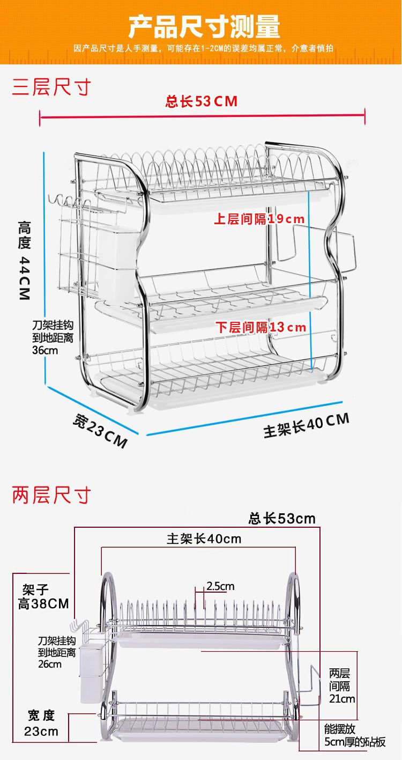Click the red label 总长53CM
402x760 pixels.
click(x=202, y=101)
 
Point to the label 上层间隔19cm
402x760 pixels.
click(x=259, y=219)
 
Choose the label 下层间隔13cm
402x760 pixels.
click(x=261, y=327)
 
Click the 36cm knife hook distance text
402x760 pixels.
click(x=52, y=338)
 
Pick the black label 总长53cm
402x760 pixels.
click(x=282, y=519)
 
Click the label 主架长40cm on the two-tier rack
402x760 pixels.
click(x=204, y=539)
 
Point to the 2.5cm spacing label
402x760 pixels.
click(x=220, y=586)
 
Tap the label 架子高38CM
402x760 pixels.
click(x=43, y=597)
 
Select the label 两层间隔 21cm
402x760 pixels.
click(x=342, y=685)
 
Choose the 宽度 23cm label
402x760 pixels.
click(x=41, y=723)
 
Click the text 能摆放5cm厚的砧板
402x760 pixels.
click(x=354, y=735)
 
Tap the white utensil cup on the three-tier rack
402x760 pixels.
click(x=116, y=263)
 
